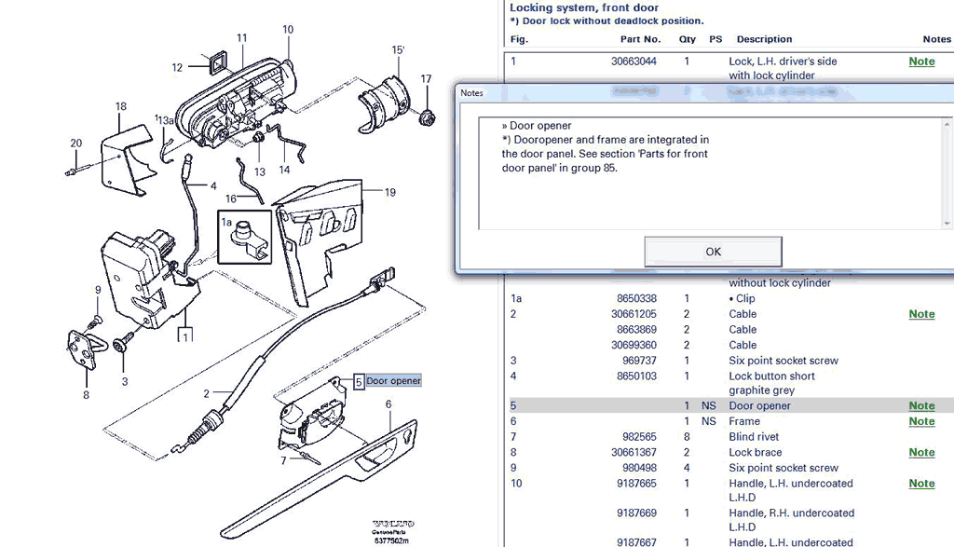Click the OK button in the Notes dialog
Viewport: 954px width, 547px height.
[x=713, y=252]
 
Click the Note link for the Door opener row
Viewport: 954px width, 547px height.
[x=921, y=406]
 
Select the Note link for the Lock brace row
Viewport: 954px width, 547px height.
[x=921, y=453]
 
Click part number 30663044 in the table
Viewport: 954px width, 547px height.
[x=634, y=62]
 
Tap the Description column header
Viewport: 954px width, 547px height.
[x=764, y=39]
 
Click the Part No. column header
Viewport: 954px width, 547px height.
[x=640, y=39]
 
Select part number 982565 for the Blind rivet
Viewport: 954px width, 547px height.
[x=639, y=437]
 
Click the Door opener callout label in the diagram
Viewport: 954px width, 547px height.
[x=393, y=381]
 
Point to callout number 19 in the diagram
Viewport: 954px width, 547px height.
[x=389, y=193]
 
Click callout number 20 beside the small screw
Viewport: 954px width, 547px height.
[x=76, y=144]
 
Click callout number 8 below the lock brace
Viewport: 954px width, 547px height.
[x=86, y=394]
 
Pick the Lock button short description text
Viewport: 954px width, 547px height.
[x=771, y=376]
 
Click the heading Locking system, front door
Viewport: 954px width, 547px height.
[x=584, y=7]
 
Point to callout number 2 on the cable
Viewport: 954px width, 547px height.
[x=207, y=394]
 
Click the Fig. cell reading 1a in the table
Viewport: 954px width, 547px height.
[x=517, y=299]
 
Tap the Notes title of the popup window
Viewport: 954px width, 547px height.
[x=472, y=93]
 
